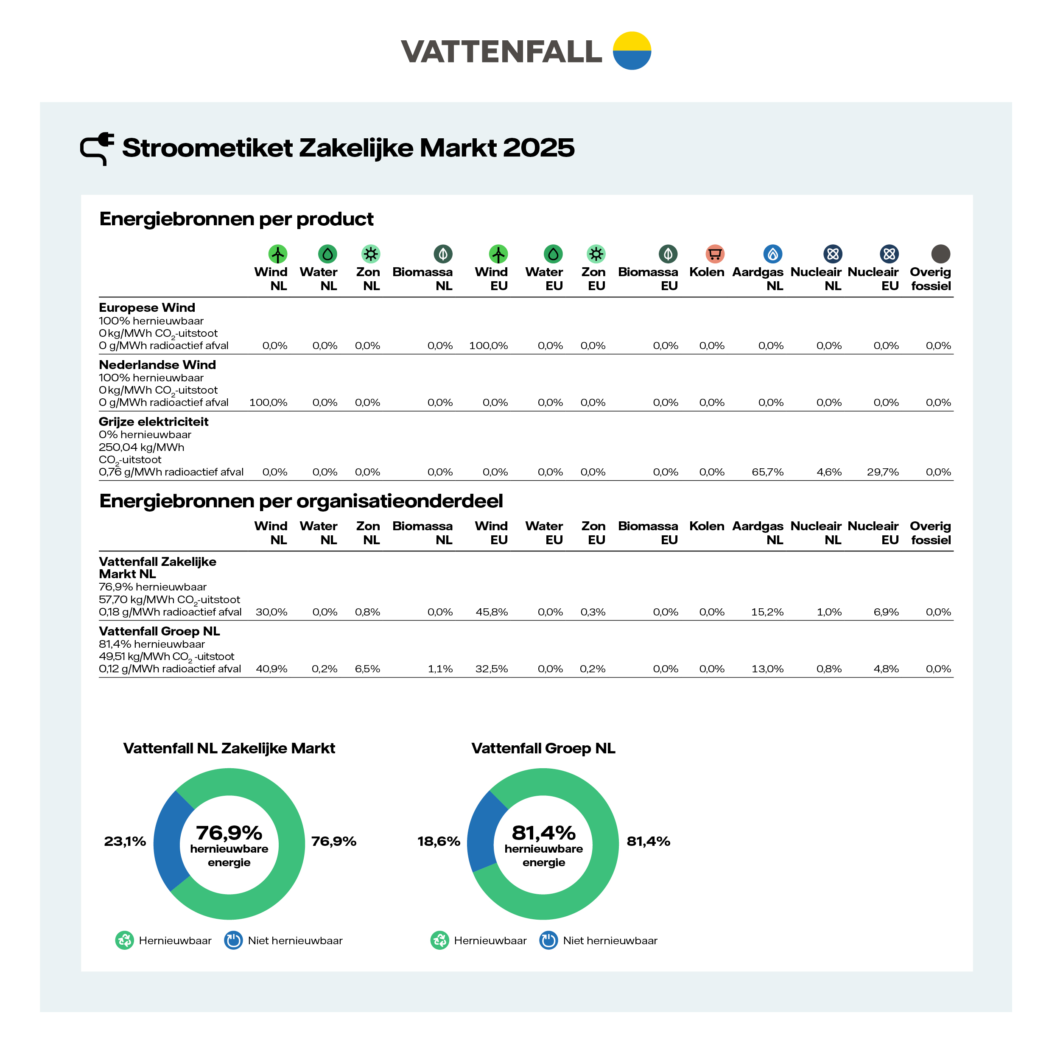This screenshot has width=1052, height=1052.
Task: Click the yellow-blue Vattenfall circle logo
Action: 632,50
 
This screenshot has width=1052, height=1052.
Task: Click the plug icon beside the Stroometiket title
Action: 97,148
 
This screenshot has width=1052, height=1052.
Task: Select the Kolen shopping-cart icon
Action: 714,254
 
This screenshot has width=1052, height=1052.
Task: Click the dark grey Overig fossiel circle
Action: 940,254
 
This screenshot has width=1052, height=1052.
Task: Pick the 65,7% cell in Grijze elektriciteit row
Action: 767,472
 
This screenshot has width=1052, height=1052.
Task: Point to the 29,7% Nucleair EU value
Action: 883,472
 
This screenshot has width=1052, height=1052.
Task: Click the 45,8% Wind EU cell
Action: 492,612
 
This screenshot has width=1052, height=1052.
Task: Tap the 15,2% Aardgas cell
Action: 767,612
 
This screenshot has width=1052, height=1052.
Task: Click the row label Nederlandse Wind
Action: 157,365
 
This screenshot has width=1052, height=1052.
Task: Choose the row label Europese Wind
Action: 146,308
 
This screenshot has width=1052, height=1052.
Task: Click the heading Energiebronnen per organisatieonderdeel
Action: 301,501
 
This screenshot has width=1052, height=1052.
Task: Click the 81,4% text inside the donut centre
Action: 543,833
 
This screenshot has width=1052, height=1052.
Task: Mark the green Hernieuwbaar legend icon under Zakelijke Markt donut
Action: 124,940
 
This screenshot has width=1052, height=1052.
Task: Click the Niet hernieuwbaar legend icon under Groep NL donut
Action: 548,940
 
